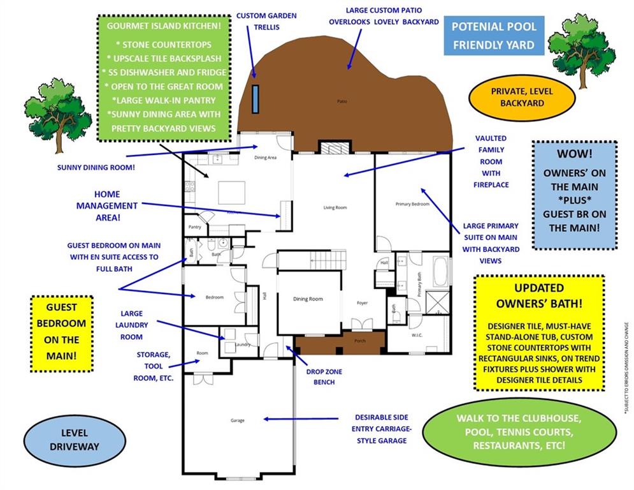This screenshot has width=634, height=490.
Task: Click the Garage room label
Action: point(237,420)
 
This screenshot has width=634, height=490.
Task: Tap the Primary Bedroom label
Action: point(412,204)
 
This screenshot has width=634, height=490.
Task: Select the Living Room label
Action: point(335,207)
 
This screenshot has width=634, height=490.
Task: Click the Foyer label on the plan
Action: point(362,303)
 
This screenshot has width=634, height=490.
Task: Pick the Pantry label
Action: point(195,227)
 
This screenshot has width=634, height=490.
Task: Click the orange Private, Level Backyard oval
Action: point(517,97)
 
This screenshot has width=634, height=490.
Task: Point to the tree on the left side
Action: point(58,114)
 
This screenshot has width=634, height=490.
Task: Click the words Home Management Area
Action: point(107,205)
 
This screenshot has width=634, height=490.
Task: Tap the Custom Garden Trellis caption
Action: point(266,21)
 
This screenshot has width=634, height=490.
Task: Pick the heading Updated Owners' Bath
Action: point(539,297)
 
